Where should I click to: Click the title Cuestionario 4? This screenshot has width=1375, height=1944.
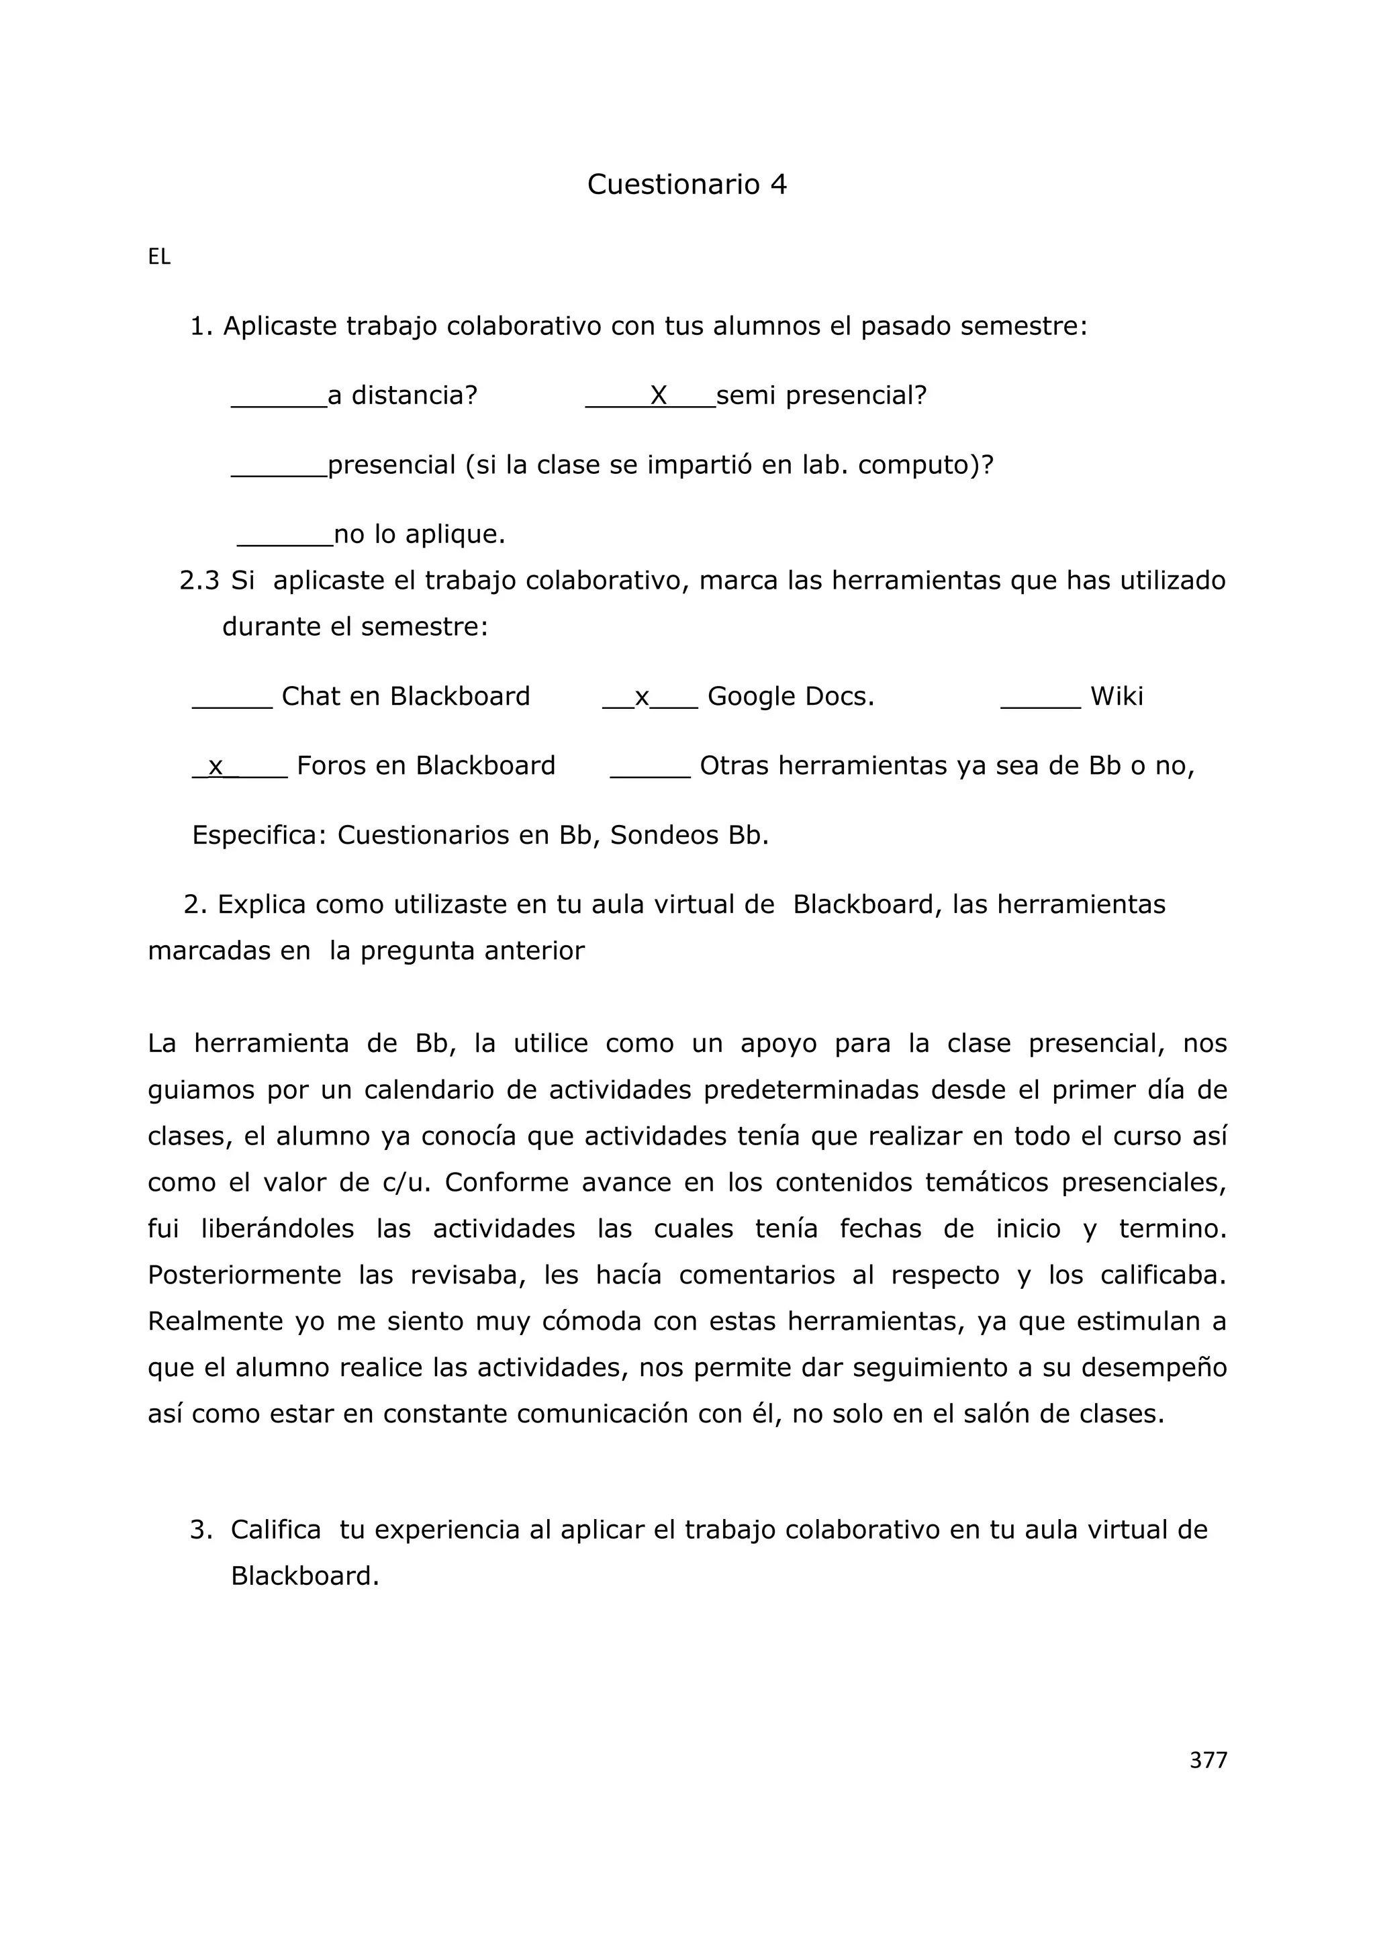pos(687,184)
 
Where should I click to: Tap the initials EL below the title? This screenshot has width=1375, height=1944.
pos(159,257)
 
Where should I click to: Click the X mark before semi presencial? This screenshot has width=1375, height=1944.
pos(659,395)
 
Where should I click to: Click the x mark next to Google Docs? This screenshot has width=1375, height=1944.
pos(642,697)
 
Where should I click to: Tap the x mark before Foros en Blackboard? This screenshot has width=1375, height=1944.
pos(216,766)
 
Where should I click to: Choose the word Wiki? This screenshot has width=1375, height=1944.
pos(1116,696)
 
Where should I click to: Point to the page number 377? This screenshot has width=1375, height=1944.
pos(1207,1760)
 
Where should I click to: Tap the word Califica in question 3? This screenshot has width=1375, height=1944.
pos(276,1530)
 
